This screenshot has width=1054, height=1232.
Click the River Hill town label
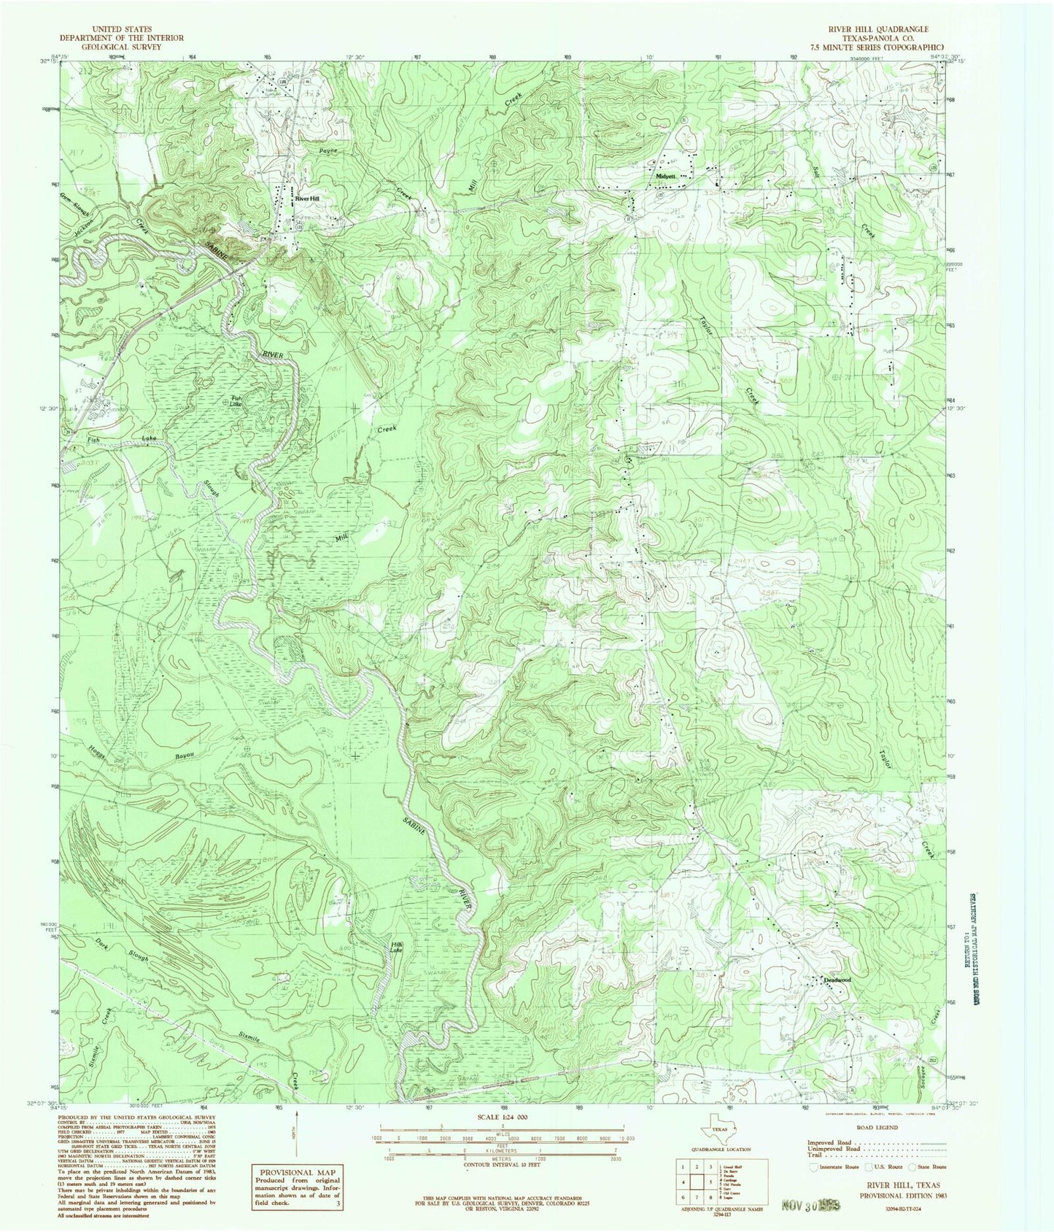coord(307,198)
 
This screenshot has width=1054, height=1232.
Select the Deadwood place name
coord(837,979)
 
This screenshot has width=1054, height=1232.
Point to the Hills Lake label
coord(398,948)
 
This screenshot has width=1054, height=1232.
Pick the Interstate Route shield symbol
coord(813,1166)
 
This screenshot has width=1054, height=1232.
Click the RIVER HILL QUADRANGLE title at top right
coord(875,30)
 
